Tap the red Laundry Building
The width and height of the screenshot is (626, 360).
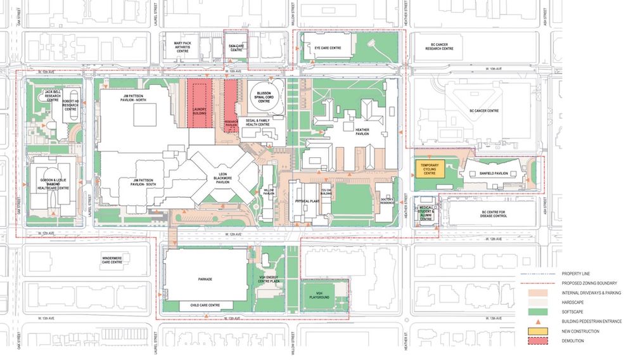coord(200,105)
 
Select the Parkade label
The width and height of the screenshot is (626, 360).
coord(204,279)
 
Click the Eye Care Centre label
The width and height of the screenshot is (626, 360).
coord(327,48)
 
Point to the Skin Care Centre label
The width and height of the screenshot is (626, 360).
coord(236,47)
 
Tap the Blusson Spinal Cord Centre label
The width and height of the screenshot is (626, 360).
coord(264,97)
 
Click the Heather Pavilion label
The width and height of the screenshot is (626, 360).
coord(362,131)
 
